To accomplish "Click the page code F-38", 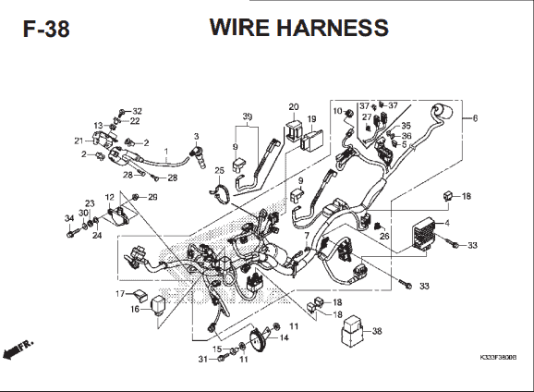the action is coord(46,30).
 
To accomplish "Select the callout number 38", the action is coord(377,331).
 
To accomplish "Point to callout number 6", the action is coord(475,118).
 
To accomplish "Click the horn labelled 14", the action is coord(259,337).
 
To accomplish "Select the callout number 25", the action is coord(220,170).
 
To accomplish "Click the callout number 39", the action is coord(248,116).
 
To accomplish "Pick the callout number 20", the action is coord(294,106).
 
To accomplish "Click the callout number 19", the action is coord(311,119).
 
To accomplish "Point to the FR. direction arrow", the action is coord(18,349).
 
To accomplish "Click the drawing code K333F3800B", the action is coord(498,357).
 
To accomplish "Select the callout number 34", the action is coord(69,218).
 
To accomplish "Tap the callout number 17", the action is coord(120,293).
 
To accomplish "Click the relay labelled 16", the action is coord(158,305).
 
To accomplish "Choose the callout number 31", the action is coord(203,359).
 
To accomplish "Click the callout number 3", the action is coord(196,136).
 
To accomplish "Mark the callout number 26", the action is coord(384,236).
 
